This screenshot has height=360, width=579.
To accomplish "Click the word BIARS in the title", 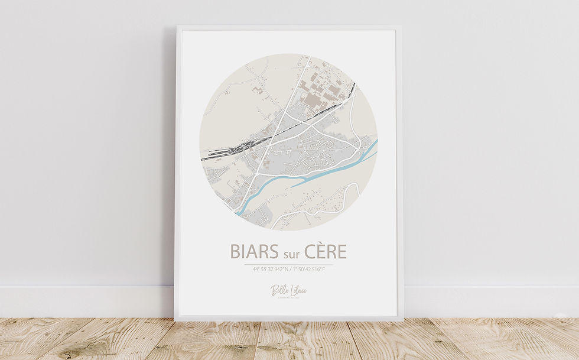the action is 253,251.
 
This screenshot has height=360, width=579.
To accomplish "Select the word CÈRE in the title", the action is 326,251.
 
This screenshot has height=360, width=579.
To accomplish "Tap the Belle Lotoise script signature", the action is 289,290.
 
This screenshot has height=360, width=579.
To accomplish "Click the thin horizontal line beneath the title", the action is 289,264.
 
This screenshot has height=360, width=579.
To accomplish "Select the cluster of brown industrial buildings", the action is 319,95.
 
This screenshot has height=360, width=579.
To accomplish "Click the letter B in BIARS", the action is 235,251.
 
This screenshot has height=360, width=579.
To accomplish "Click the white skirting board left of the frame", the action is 89,301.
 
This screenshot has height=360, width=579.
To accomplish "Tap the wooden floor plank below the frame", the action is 289,340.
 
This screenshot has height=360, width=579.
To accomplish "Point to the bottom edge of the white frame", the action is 289,319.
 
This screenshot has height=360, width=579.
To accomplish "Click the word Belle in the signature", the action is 278,290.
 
